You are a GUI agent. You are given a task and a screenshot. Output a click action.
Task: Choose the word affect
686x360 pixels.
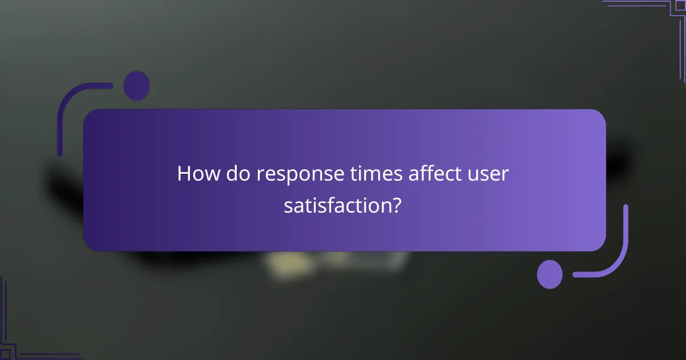pyautogui.click(x=431, y=174)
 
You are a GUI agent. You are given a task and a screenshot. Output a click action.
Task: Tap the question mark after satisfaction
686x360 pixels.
pyautogui.click(x=396, y=205)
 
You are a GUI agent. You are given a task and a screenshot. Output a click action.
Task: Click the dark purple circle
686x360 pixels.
pyautogui.click(x=137, y=86)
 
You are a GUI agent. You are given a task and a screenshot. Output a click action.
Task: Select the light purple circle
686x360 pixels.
pyautogui.click(x=550, y=274)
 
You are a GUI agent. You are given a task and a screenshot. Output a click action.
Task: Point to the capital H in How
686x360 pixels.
pyautogui.click(x=184, y=174)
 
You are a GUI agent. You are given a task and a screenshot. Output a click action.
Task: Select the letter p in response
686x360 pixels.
pyautogui.click(x=296, y=176)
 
